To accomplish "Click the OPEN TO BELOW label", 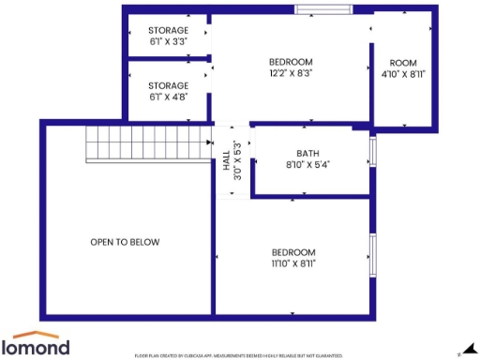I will point(125,242).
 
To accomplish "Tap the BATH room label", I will point(307,154).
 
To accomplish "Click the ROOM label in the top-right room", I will point(403,63).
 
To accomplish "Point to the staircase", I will point(148,142).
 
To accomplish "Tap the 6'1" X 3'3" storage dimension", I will point(169,42).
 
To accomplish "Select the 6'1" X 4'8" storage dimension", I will point(169,96).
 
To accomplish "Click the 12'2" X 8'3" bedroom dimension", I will point(292,72).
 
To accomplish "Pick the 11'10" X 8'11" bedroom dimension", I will point(293,263).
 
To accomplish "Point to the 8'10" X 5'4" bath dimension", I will point(307,164).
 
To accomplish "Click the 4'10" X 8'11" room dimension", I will point(403,74).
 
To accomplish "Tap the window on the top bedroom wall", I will point(323,10).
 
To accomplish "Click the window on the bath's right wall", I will point(373,152).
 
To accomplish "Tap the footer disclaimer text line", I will point(239,355).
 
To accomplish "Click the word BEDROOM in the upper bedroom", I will point(292,62).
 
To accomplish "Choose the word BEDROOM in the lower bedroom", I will point(293,252).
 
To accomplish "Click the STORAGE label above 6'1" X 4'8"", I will point(169,85).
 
